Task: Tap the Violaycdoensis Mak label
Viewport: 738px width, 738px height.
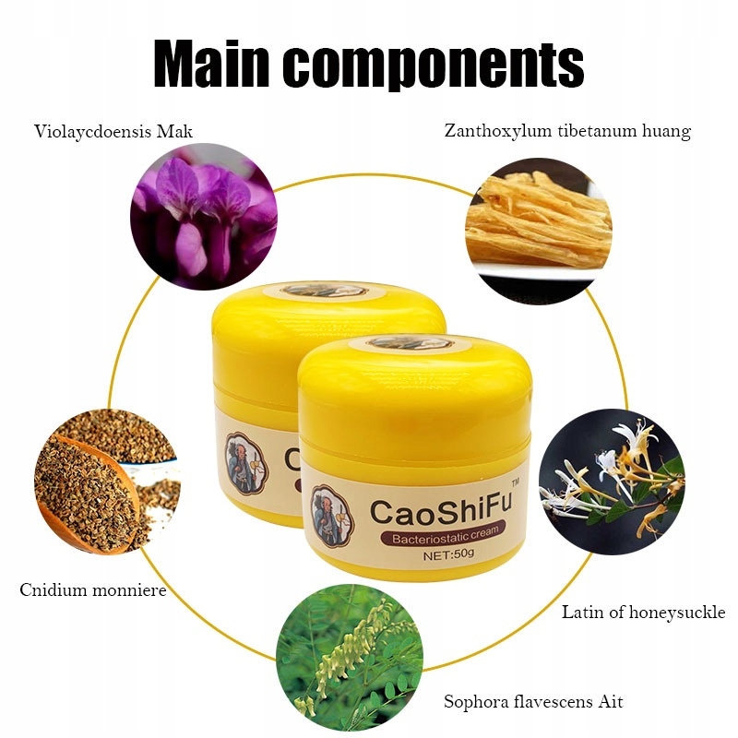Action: (113, 131)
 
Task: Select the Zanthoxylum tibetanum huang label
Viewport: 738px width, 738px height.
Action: (567, 131)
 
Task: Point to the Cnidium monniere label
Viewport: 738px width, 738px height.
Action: (93, 589)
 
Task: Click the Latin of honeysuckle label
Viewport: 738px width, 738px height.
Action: (644, 612)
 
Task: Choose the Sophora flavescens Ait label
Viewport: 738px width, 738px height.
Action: (533, 702)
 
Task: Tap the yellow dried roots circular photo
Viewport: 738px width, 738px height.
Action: (540, 220)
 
